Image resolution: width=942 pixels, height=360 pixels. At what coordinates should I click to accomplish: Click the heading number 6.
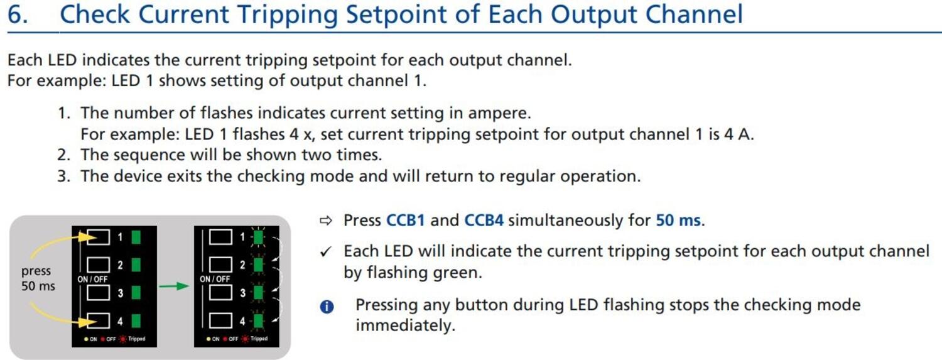(18, 14)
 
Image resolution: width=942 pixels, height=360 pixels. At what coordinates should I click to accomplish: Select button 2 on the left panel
(98, 265)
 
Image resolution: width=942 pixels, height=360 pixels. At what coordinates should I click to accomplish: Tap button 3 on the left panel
(98, 293)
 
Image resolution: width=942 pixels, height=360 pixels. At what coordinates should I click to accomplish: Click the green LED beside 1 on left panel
(136, 237)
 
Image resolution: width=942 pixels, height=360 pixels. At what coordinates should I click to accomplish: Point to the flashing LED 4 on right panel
(258, 321)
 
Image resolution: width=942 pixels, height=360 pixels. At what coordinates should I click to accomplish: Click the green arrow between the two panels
(174, 286)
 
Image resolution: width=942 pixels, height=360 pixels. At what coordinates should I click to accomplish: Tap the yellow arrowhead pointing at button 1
(87, 237)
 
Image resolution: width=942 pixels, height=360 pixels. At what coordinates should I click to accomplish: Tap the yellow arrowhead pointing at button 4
(87, 322)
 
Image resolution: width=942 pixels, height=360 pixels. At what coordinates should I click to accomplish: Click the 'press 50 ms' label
(38, 278)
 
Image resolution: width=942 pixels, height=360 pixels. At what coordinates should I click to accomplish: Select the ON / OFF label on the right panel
(215, 279)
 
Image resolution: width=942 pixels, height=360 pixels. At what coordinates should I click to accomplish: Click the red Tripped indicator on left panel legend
(122, 339)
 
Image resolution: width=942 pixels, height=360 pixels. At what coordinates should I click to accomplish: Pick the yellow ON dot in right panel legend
(208, 339)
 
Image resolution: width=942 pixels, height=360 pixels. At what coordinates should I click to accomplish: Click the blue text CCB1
(406, 221)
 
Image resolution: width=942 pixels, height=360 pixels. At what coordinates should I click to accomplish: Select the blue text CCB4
(484, 221)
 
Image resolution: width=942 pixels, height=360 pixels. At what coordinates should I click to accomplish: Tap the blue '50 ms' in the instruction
(678, 221)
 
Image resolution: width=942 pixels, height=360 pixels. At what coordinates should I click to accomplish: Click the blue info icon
(327, 307)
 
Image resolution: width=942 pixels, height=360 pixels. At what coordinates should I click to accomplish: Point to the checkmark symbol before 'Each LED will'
(326, 251)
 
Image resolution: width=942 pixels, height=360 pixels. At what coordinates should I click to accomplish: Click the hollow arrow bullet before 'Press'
(326, 221)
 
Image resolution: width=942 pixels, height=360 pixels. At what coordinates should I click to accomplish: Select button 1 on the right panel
(220, 237)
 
